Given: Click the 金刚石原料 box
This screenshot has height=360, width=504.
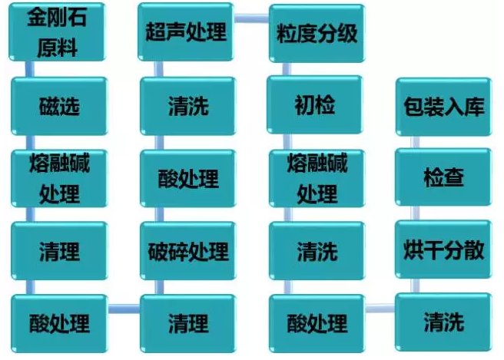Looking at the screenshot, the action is click(57, 31).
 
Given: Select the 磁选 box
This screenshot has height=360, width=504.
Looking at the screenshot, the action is click(59, 106).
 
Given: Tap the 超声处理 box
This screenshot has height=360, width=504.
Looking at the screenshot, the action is click(186, 31).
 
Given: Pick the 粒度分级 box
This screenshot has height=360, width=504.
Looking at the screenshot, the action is click(317, 33).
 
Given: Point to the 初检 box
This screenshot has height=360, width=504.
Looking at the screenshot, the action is click(315, 104).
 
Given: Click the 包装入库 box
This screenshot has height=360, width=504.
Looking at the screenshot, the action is click(444, 107).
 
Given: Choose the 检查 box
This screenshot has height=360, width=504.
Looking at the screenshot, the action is click(443, 177).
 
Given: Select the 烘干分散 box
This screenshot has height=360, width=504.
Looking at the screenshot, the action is click(443, 249).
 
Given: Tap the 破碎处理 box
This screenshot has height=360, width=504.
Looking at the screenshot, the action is click(188, 251).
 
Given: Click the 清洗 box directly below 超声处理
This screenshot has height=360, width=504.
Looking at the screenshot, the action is click(188, 106).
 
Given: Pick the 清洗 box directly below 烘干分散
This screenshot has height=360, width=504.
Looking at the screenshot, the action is click(443, 322).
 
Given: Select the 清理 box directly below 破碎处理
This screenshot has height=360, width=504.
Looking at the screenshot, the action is click(188, 324).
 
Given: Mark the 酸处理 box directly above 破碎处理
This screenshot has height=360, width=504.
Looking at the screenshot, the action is click(188, 179).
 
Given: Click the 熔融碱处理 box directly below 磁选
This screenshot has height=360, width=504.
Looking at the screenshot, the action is click(59, 179).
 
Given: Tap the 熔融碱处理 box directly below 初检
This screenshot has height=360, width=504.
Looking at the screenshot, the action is click(317, 179).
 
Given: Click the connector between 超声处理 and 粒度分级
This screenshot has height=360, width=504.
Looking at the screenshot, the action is click(251, 18).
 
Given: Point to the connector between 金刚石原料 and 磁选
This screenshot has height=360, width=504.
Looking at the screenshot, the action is click(29, 69).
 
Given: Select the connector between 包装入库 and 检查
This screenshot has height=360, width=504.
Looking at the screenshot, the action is click(415, 142).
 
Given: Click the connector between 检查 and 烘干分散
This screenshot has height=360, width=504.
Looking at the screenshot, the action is click(415, 213).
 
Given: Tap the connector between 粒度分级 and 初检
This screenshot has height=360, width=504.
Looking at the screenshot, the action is click(287, 69).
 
